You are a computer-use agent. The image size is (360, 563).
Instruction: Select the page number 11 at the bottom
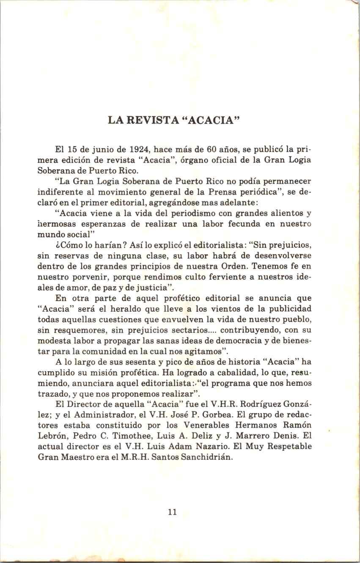pos(172,512)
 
